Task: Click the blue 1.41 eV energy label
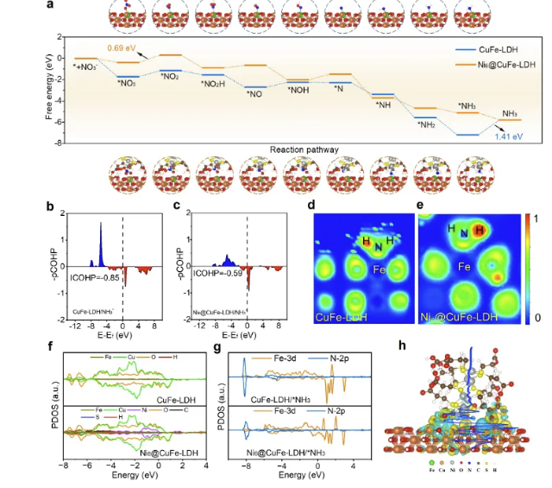click(x=509, y=136)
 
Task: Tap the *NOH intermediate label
click(x=298, y=89)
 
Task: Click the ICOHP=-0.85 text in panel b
click(x=91, y=272)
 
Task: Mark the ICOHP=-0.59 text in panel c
click(x=212, y=272)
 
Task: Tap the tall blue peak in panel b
click(x=100, y=238)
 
